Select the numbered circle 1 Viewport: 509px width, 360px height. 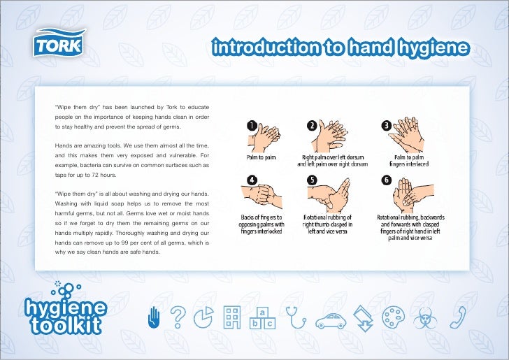pos(250,125)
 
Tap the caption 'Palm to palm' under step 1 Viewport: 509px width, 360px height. pos(261,157)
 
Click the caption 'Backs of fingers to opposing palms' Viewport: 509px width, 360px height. pos(261,224)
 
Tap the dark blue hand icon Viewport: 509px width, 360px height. pos(156,318)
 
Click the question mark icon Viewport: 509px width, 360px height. pos(178,318)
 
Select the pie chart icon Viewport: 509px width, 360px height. pos(203,318)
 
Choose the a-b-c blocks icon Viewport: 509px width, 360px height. pos(262,318)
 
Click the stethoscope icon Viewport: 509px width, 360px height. pos(296,318)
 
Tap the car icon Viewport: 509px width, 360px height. pos(331,321)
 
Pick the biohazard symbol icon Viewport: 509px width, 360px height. pos(424,319)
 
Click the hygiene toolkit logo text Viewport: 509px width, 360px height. pos(66,315)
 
